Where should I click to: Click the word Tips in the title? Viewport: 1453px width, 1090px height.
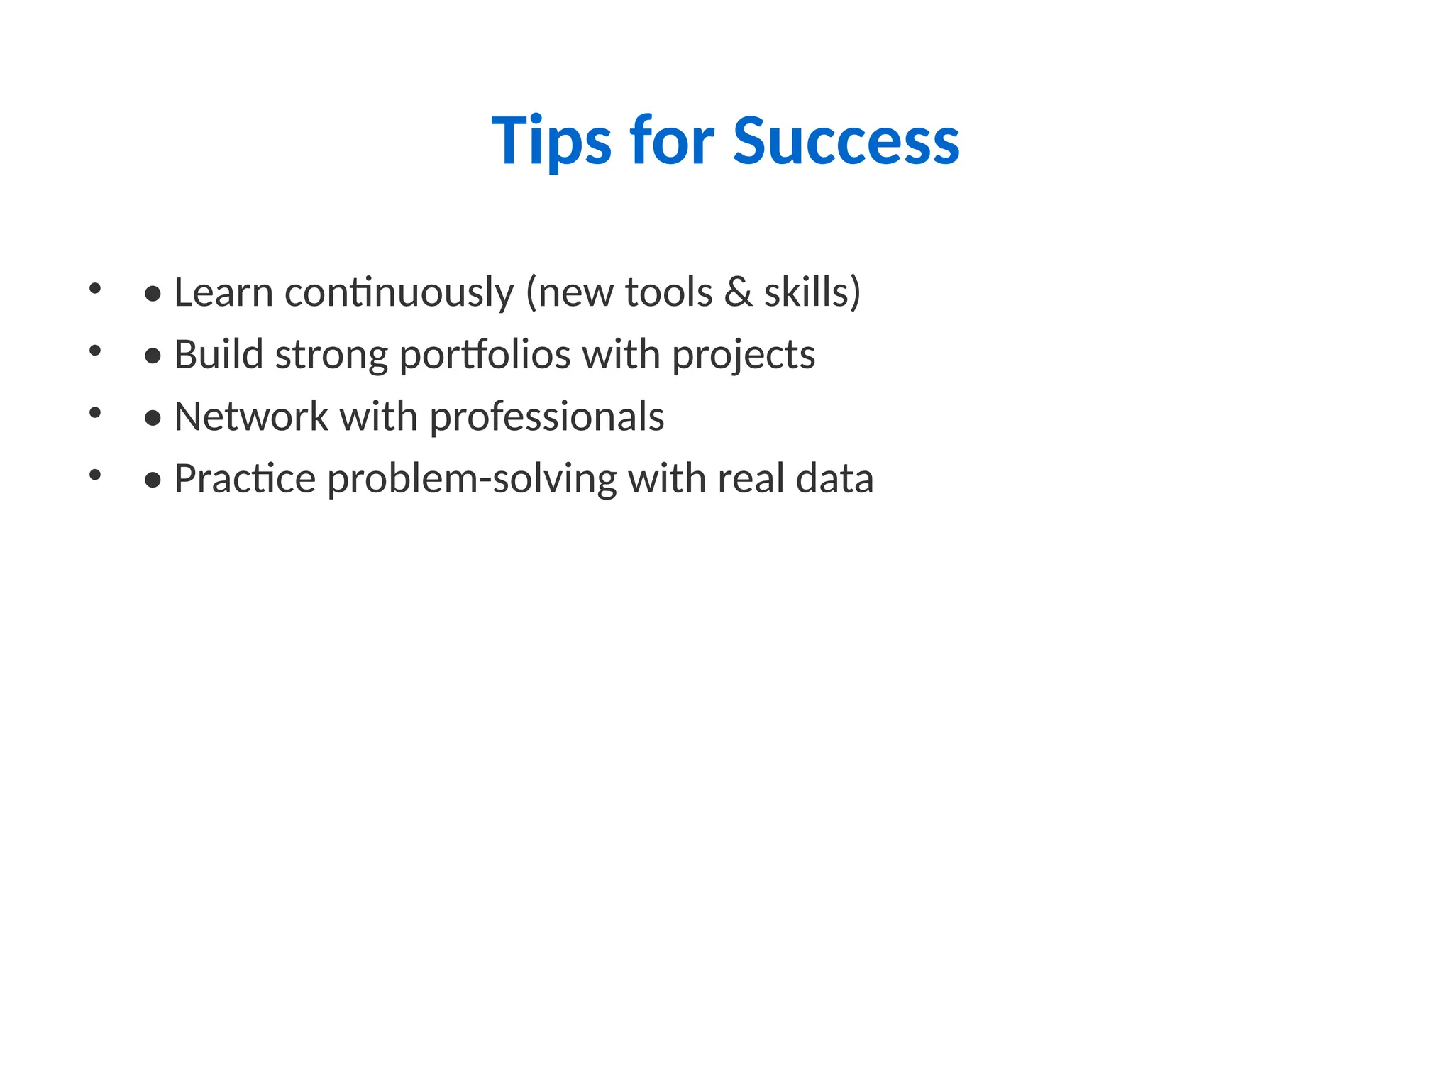[x=551, y=141]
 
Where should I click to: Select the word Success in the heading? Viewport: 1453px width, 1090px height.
[x=846, y=141]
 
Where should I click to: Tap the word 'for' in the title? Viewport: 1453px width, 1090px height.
[x=671, y=141]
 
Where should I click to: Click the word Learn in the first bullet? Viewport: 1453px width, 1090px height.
[x=223, y=292]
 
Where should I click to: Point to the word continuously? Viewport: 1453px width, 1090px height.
[x=399, y=292]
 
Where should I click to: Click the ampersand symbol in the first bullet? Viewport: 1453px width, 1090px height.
[x=738, y=292]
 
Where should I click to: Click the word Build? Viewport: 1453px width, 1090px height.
[x=219, y=354]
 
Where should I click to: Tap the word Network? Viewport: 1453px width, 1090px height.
[x=250, y=417]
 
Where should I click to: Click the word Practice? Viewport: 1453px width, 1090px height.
[x=245, y=479]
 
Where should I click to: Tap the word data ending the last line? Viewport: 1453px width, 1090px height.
[x=834, y=479]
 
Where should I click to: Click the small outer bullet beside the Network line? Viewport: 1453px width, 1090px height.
[x=95, y=412]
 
